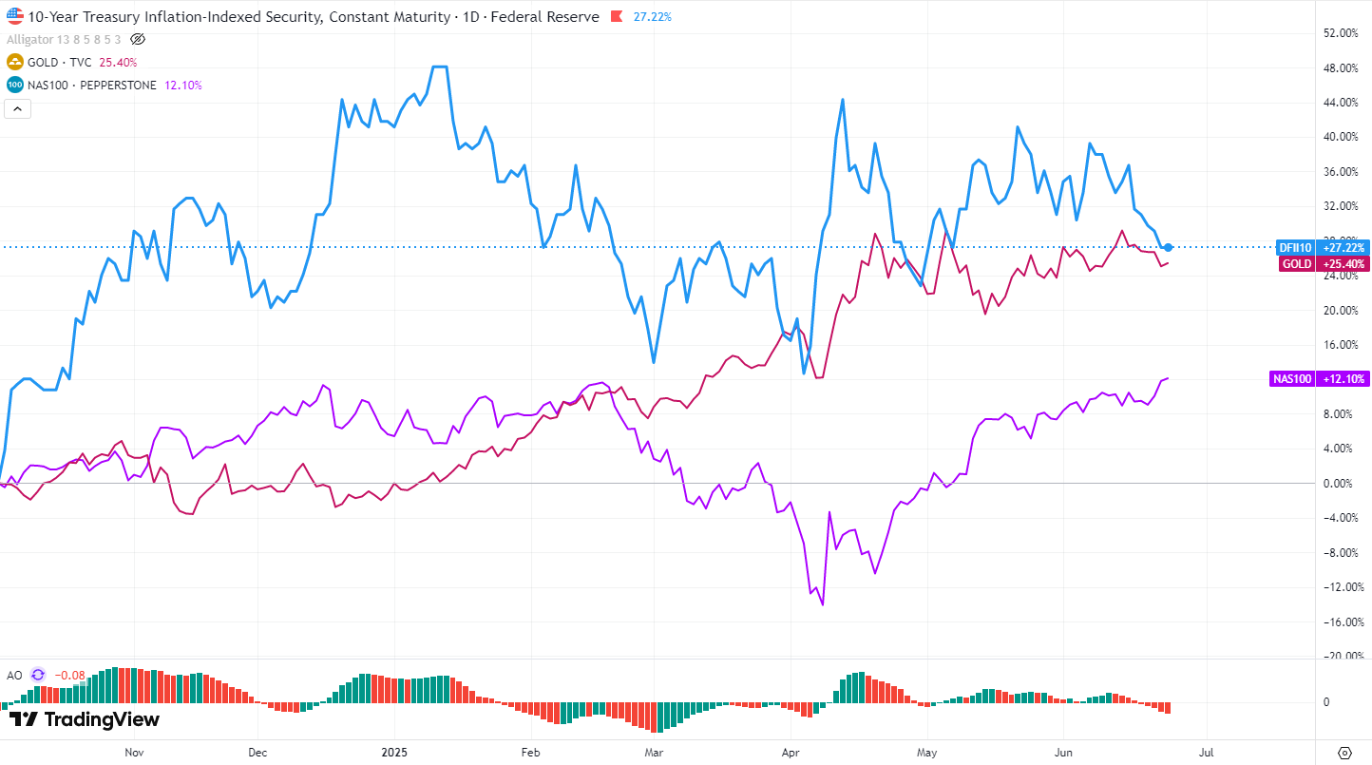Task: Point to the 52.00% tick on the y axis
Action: [x=1342, y=33]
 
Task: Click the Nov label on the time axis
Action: [x=134, y=751]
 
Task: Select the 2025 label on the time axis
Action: [x=393, y=751]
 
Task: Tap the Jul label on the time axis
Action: [x=1207, y=751]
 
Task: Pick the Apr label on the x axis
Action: [x=789, y=751]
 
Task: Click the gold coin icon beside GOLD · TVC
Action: [x=15, y=62]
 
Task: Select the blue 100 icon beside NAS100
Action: [x=15, y=85]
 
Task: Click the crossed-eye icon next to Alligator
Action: [x=137, y=39]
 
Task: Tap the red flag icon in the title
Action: [x=616, y=17]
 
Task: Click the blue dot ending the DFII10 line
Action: [x=1168, y=247]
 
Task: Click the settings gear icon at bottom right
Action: [x=1343, y=752]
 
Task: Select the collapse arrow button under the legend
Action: [x=18, y=108]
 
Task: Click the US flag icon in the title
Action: [x=15, y=16]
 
